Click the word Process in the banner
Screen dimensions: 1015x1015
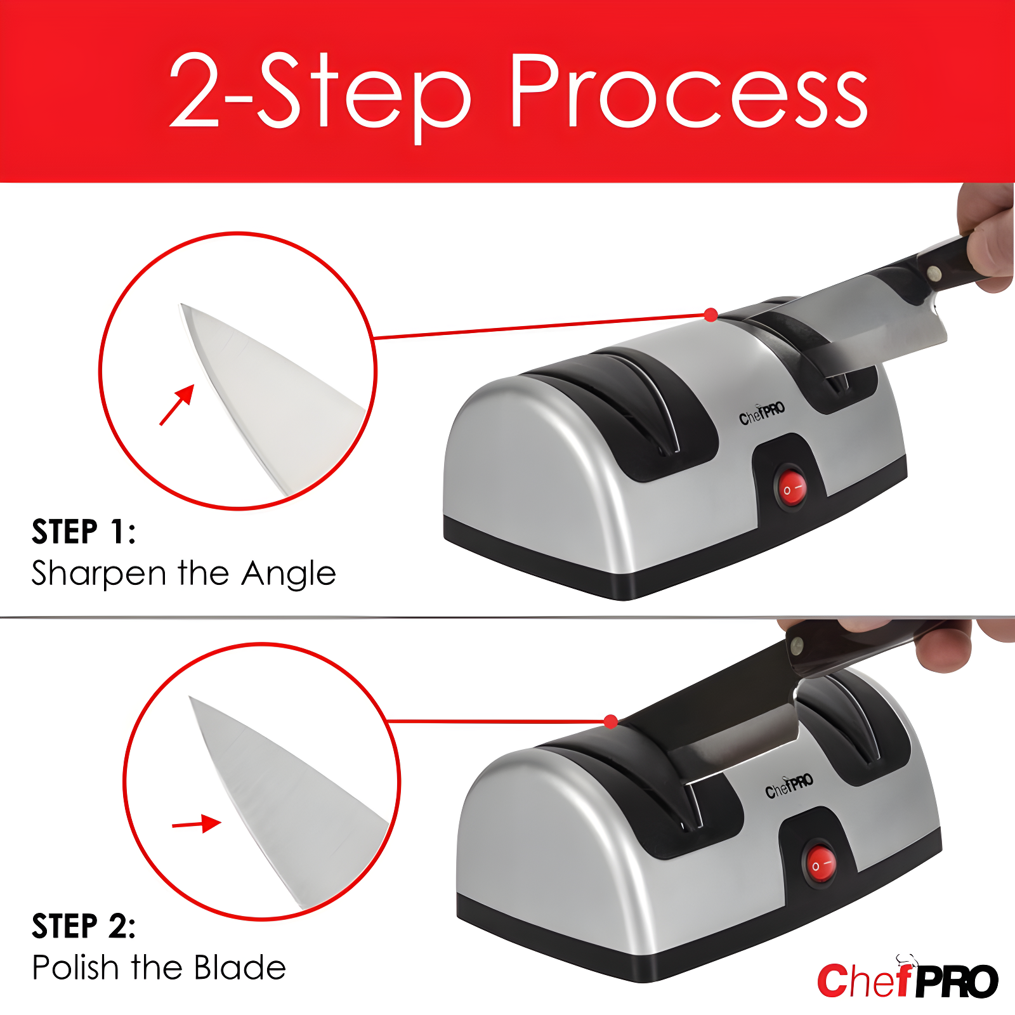(x=688, y=92)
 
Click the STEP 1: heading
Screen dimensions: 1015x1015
(x=84, y=532)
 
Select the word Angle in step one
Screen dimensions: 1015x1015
(x=289, y=574)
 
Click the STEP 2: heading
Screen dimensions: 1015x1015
(x=84, y=926)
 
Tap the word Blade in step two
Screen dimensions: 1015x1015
(x=240, y=968)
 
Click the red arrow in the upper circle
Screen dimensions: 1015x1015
(x=177, y=405)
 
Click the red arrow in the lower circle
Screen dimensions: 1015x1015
(x=197, y=824)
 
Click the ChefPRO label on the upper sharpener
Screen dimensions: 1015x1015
(x=762, y=413)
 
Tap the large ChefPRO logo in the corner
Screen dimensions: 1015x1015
(x=907, y=981)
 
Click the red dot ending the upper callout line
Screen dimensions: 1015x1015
(x=711, y=315)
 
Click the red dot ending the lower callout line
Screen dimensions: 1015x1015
(x=611, y=721)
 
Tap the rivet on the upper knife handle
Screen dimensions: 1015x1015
(x=934, y=273)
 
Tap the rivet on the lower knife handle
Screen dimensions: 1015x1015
(x=796, y=648)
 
